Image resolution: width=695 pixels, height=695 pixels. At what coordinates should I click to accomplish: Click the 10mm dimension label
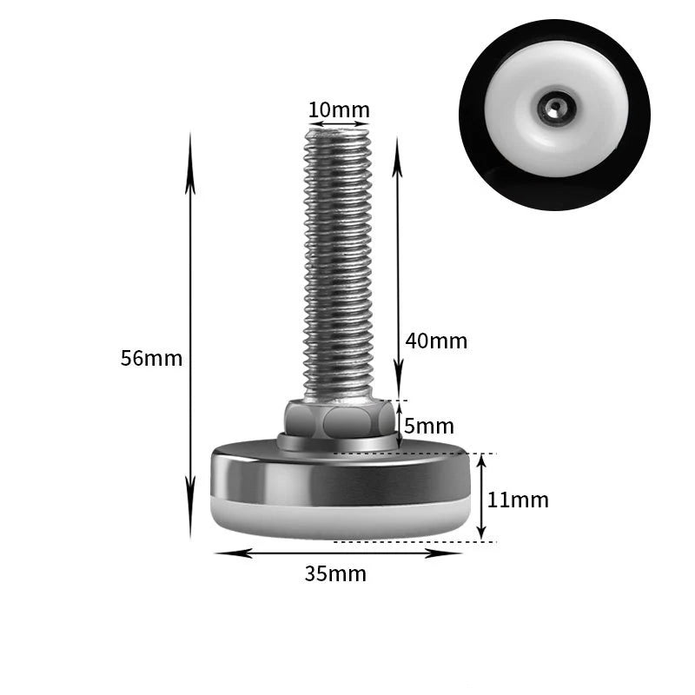[339, 109]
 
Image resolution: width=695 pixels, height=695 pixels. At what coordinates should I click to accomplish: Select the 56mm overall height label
[151, 358]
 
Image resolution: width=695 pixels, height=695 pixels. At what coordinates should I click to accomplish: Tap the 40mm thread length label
[436, 341]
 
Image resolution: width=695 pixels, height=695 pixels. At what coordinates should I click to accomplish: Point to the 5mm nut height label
[428, 426]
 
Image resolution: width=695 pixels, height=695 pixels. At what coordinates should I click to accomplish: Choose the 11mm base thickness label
[518, 500]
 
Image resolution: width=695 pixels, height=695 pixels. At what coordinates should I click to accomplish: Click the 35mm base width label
[335, 573]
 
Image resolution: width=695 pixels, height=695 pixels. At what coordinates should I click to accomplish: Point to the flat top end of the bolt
[339, 131]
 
